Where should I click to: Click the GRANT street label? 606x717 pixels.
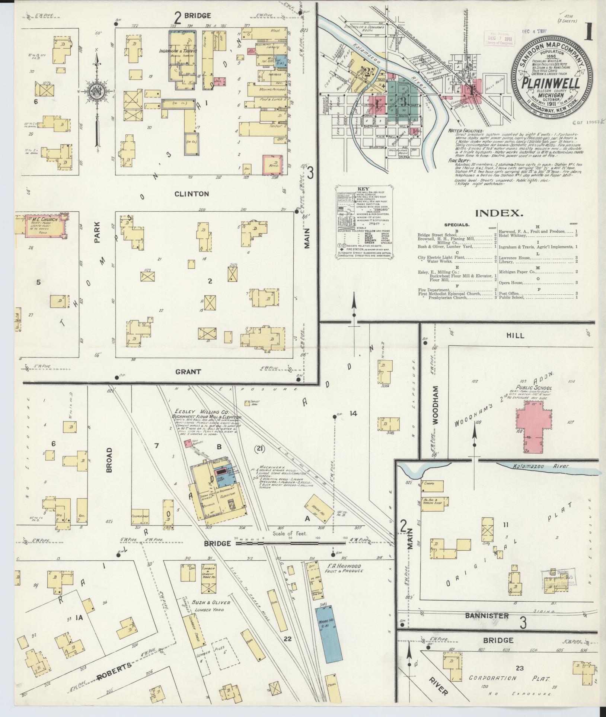tap(188, 371)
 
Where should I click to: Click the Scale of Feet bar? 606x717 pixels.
tap(291, 543)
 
